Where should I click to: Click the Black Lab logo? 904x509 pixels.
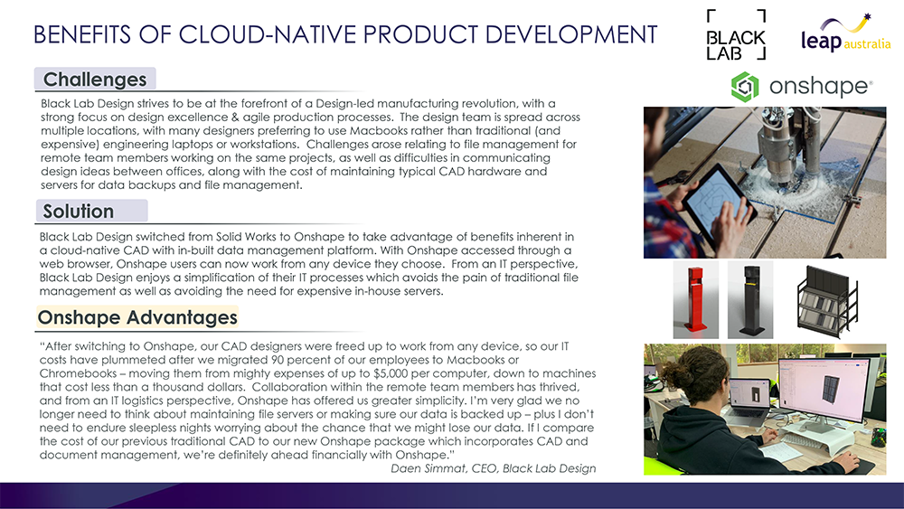[x=736, y=34]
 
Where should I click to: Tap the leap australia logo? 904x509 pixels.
[x=846, y=33]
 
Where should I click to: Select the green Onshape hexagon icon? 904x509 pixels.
[x=745, y=87]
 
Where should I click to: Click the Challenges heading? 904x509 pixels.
[x=95, y=79]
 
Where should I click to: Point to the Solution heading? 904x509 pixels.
[x=79, y=211]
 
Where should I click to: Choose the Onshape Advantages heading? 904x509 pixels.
[x=137, y=317]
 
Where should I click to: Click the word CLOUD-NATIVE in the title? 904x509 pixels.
[x=268, y=34]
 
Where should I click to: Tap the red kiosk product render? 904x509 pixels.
[x=696, y=300]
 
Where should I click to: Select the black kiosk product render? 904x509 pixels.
[x=750, y=300]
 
